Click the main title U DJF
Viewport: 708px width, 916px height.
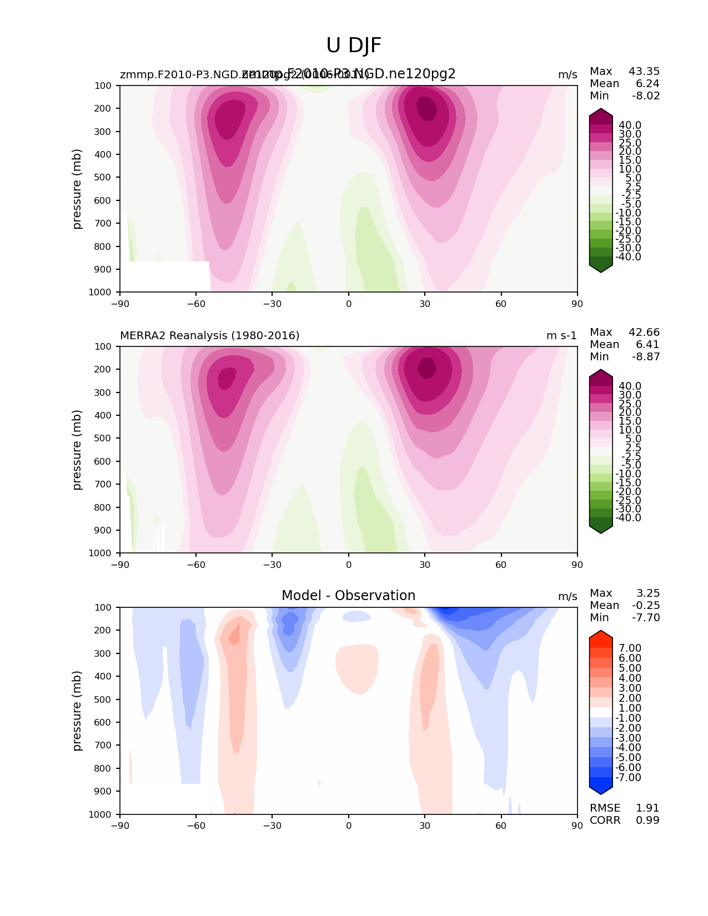pyautogui.click(x=354, y=46)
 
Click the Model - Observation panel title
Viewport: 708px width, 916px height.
pyautogui.click(x=348, y=596)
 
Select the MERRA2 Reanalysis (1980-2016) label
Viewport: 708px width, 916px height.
pyautogui.click(x=210, y=336)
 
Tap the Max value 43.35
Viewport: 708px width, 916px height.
pyautogui.click(x=644, y=72)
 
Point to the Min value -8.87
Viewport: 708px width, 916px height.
pyautogui.click(x=646, y=357)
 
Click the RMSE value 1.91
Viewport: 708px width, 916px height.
pyautogui.click(x=647, y=808)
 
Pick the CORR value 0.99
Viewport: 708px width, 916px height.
pyautogui.click(x=647, y=821)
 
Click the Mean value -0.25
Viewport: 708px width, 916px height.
pyautogui.click(x=646, y=606)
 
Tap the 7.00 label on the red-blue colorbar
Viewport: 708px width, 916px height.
pyautogui.click(x=630, y=648)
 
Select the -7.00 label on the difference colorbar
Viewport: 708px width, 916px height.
pyautogui.click(x=628, y=778)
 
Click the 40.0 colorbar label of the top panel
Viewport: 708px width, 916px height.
pyautogui.click(x=630, y=125)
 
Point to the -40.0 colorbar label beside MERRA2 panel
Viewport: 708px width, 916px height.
pyautogui.click(x=628, y=518)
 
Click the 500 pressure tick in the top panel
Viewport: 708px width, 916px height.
pyautogui.click(x=104, y=178)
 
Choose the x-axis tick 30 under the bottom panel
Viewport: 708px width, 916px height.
pyautogui.click(x=425, y=826)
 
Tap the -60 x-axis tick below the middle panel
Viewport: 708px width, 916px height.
pyautogui.click(x=196, y=565)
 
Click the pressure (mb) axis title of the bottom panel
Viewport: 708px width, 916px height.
pyautogui.click(x=77, y=711)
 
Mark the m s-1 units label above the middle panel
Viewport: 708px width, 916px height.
pyautogui.click(x=561, y=336)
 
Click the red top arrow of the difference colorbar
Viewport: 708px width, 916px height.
pyautogui.click(x=601, y=635)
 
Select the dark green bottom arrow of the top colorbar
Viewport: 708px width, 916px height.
pyautogui.click(x=601, y=268)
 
